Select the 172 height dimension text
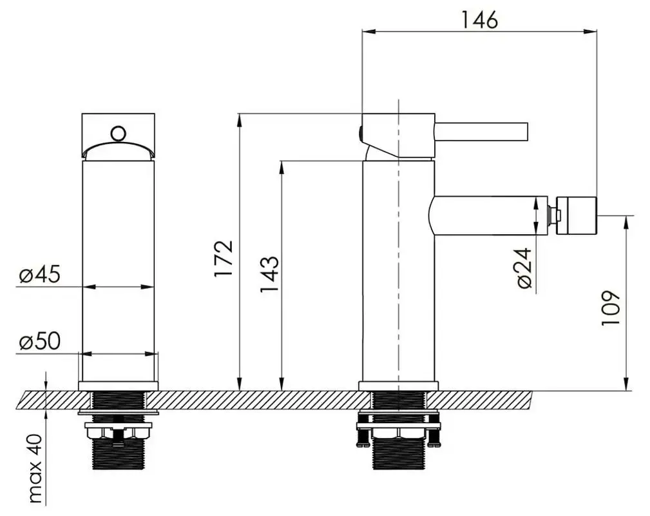pos(224,260)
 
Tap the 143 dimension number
pos(269,274)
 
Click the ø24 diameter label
pos(523,268)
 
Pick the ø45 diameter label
pos(39,275)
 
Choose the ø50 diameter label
pos(39,342)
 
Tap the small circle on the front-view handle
pos(118,134)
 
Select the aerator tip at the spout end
pos(578,214)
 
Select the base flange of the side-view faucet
pos(398,386)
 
